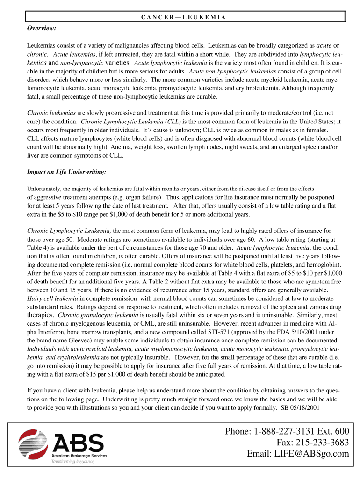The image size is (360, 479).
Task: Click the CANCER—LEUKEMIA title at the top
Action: click(x=183, y=17)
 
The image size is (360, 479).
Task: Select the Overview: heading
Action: click(x=42, y=29)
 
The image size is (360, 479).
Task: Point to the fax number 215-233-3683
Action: click(x=322, y=443)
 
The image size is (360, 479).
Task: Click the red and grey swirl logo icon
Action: click(x=32, y=445)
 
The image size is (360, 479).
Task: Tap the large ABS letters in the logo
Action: click(x=78, y=443)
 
